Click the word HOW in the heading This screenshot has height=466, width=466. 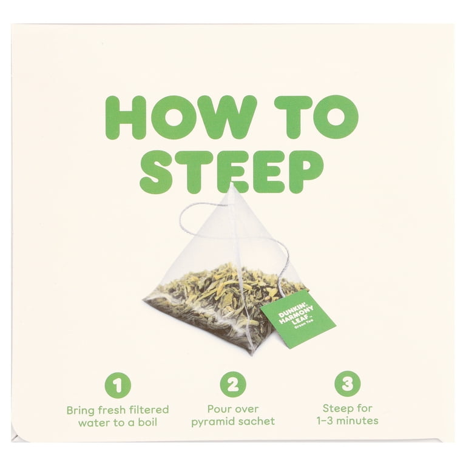click(x=181, y=116)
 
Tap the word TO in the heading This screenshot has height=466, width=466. click(x=316, y=116)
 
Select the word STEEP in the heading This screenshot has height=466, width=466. click(x=232, y=172)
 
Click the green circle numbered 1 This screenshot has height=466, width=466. click(x=118, y=385)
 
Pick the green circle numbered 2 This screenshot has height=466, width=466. click(x=233, y=385)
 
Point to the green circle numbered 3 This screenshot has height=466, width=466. click(x=348, y=384)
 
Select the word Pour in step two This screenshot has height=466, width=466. click(x=220, y=409)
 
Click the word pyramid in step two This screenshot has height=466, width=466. click(x=212, y=422)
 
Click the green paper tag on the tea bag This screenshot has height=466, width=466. click(x=298, y=319)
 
